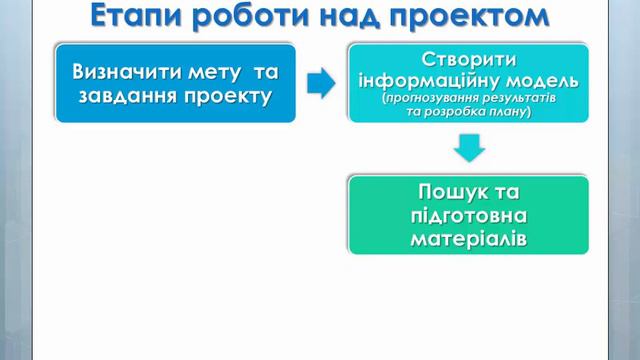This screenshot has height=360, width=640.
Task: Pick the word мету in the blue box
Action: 223,72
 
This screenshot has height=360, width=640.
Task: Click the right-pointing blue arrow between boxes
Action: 321,84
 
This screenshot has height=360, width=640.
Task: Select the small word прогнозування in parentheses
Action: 428,99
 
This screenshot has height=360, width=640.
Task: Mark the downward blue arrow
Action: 468,149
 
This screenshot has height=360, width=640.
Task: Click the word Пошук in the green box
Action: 444,191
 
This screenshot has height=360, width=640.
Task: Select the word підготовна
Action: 468,216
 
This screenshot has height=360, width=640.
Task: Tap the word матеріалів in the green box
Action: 468,240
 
